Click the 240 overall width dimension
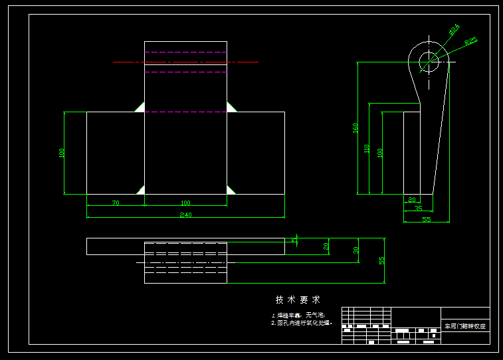pos(185,215)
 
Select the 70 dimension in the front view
pos(116,203)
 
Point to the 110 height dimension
pos(367,149)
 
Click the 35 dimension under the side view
pos(418,209)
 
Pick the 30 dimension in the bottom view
pos(355,250)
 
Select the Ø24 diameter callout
pos(454,30)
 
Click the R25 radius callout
pos(470,41)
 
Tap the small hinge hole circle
pos(429,62)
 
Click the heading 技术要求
pos(298,300)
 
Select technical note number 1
pos(298,315)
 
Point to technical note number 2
pos(301,323)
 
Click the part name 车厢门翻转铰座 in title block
pos(465,326)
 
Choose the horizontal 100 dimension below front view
pos(185,203)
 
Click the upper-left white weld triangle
pos(140,107)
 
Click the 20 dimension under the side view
pos(411,199)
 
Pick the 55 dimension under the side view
pos(426,219)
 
